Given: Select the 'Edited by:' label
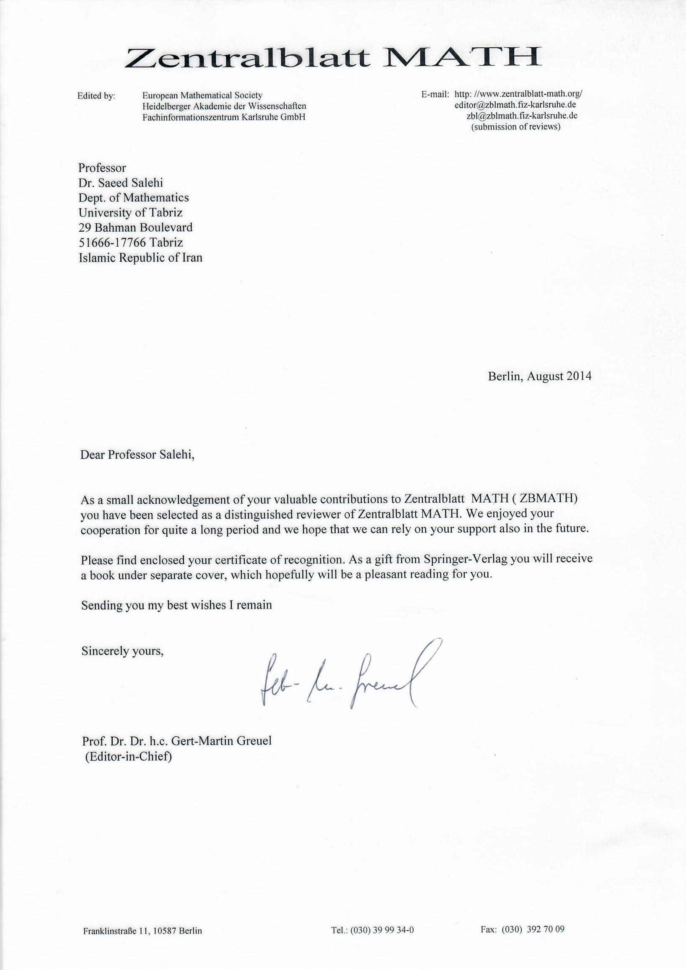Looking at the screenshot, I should (x=96, y=96).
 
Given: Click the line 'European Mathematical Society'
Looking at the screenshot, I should (x=202, y=96).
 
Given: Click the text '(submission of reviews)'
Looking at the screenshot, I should (x=516, y=127).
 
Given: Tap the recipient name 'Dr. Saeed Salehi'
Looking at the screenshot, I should (x=120, y=183).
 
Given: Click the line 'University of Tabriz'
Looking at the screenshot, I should (x=131, y=212).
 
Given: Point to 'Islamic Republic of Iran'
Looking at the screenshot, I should (x=140, y=257).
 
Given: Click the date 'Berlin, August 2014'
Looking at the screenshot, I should (x=539, y=376).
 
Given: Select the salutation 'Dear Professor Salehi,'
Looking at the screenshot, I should (x=137, y=455).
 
